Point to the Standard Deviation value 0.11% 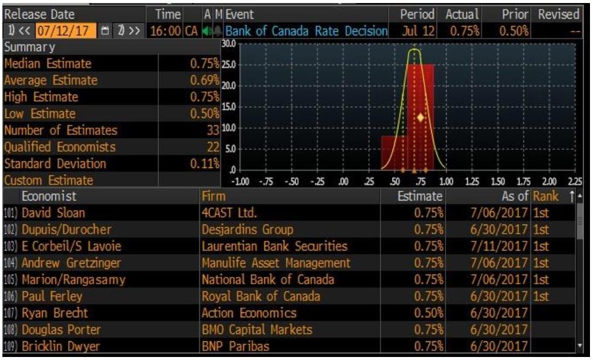(202, 164)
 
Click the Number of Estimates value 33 (208, 130)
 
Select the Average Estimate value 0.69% (202, 80)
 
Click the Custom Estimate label (49, 180)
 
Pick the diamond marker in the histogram (421, 117)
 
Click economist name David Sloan (53, 213)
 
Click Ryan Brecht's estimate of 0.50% (428, 313)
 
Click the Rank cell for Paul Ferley (541, 296)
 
